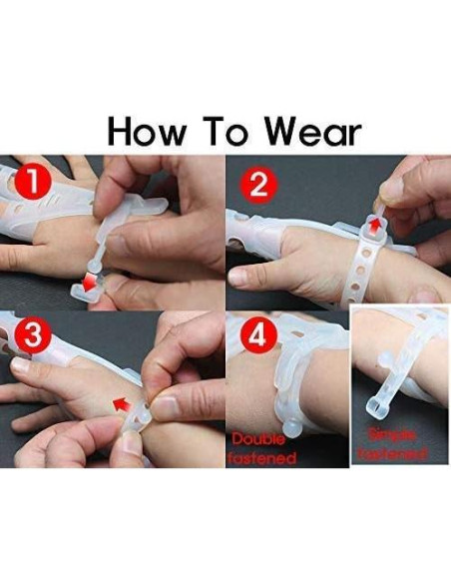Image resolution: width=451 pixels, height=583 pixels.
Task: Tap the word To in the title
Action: (x=231, y=131)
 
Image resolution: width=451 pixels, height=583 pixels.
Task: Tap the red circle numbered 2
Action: (x=256, y=185)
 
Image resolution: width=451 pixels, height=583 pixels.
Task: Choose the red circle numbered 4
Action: (x=257, y=337)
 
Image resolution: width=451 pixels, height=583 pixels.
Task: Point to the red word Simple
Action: (x=396, y=435)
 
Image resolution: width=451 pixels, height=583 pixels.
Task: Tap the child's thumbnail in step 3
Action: (x=21, y=365)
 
